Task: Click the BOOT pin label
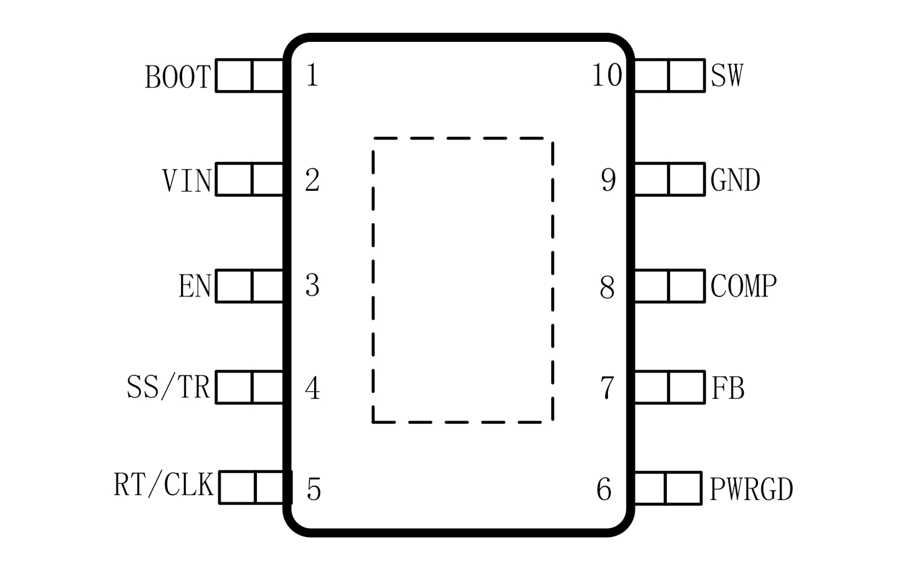pyautogui.click(x=178, y=77)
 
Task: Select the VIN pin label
pyautogui.click(x=187, y=180)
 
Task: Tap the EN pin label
pyautogui.click(x=195, y=286)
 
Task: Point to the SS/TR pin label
pyautogui.click(x=168, y=387)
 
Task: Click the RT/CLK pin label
pyautogui.click(x=163, y=485)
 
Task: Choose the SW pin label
pyautogui.click(x=727, y=75)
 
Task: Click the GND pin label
pyautogui.click(x=735, y=180)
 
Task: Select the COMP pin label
pyautogui.click(x=743, y=286)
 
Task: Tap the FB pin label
pyautogui.click(x=728, y=388)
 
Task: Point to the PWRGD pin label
pyautogui.click(x=751, y=489)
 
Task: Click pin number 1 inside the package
pyautogui.click(x=312, y=75)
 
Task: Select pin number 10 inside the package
pyautogui.click(x=607, y=75)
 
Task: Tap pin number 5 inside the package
pyautogui.click(x=314, y=489)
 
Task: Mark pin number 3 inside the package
pyautogui.click(x=312, y=286)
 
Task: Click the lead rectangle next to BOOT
pyautogui.click(x=250, y=75)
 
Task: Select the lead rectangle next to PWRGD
pyautogui.click(x=667, y=487)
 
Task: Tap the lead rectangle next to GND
pyautogui.click(x=669, y=179)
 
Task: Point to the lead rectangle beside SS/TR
pyautogui.click(x=250, y=387)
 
